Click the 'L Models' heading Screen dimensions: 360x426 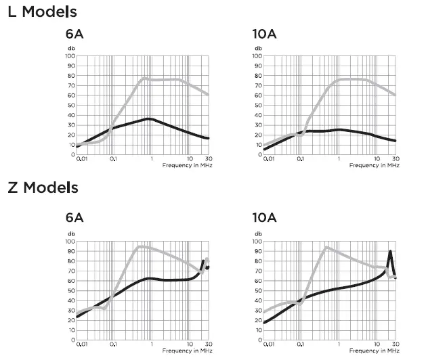click(41, 12)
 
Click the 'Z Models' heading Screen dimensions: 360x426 click(42, 187)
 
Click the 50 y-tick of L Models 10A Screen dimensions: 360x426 click(258, 105)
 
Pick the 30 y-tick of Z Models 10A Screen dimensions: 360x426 click(258, 311)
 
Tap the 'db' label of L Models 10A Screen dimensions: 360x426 click(258, 49)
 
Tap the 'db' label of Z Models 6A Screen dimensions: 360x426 click(70, 234)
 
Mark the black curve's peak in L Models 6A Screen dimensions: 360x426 click(149, 119)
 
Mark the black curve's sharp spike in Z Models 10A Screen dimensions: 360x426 click(390, 252)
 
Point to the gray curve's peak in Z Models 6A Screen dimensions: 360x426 click(138, 246)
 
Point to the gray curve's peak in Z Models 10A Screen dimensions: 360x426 click(326, 247)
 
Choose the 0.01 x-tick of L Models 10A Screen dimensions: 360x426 click(269, 160)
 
